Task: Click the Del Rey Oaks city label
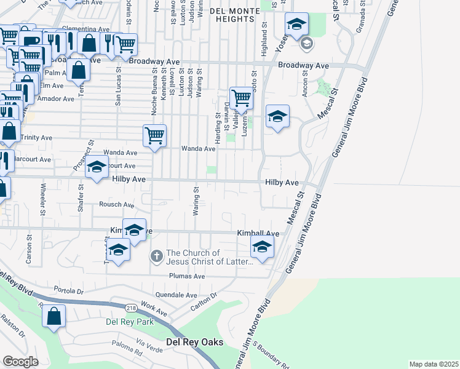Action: click(x=194, y=342)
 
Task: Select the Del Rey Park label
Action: click(x=129, y=322)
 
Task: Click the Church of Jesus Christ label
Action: click(x=210, y=257)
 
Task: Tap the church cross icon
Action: click(x=157, y=255)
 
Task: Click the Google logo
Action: click(x=20, y=362)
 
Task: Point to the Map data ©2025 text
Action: click(x=434, y=364)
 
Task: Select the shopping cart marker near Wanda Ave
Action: click(x=155, y=135)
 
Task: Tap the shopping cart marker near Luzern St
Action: click(x=241, y=98)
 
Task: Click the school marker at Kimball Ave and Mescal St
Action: click(x=262, y=247)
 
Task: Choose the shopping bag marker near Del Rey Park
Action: click(x=54, y=317)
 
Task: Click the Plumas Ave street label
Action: click(x=187, y=277)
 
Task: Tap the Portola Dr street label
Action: click(x=68, y=290)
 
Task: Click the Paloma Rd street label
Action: click(x=127, y=347)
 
